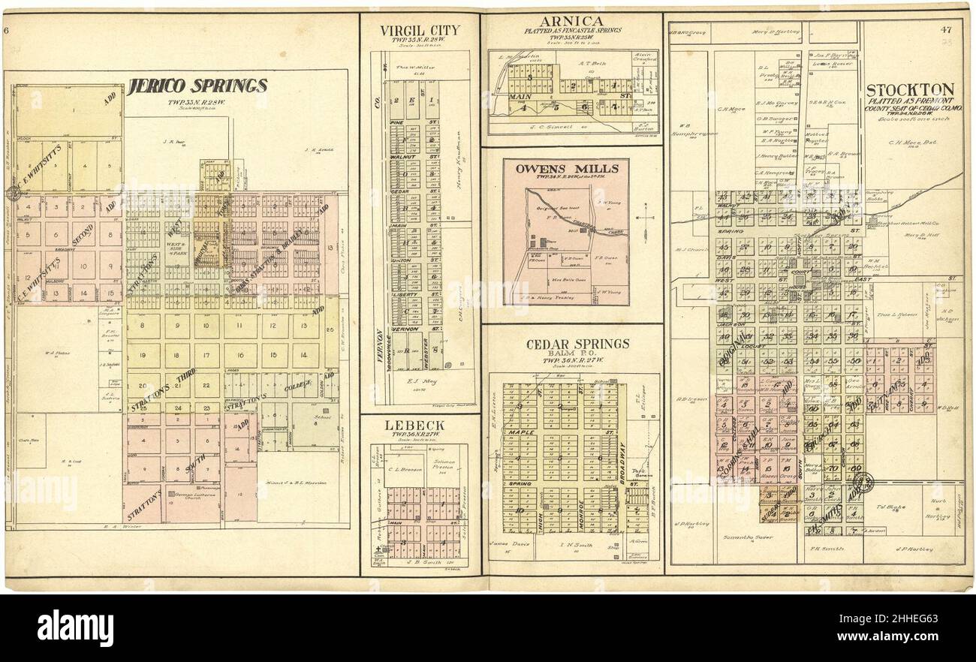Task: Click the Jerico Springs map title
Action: click(197, 86)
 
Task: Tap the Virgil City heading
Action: click(419, 31)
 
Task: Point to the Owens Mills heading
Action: click(566, 169)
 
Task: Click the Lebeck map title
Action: click(414, 426)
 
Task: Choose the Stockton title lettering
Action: click(910, 89)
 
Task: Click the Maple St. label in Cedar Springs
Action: click(520, 432)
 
